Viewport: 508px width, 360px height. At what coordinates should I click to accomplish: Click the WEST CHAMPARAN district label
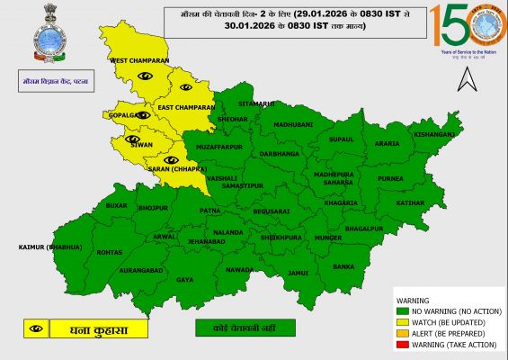pyautogui.click(x=139, y=60)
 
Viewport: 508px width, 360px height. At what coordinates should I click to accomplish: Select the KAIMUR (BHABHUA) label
pyautogui.click(x=49, y=247)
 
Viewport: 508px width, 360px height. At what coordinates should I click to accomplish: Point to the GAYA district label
pyautogui.click(x=184, y=280)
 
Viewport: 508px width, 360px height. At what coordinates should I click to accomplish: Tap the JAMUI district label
pyautogui.click(x=299, y=272)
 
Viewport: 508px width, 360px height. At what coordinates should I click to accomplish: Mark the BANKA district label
pyautogui.click(x=343, y=266)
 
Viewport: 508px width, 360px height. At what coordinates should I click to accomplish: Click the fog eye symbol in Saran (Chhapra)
pyautogui.click(x=171, y=159)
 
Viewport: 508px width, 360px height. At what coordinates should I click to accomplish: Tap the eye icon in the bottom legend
pyautogui.click(x=36, y=328)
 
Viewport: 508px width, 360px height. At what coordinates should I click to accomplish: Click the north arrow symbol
pyautogui.click(x=465, y=81)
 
